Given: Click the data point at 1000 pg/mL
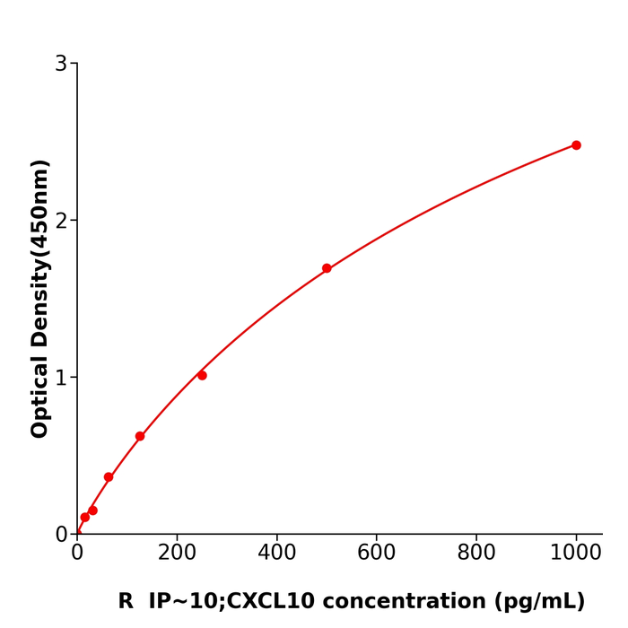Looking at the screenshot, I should (576, 145).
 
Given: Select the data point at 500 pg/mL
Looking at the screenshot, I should (327, 268).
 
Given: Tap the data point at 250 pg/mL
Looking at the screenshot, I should (202, 375).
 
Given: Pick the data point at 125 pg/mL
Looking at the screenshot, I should (140, 436).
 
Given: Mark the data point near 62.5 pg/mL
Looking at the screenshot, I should (109, 477).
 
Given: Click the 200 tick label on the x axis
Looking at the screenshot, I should (177, 554).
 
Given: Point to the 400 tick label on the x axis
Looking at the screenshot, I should (276, 554).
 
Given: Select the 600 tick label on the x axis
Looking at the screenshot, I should (376, 554).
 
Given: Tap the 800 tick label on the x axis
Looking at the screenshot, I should (475, 554).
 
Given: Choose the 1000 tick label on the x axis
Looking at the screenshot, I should (575, 554).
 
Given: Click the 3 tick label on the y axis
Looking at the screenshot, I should (61, 64).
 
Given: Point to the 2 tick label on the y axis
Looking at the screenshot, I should (61, 221).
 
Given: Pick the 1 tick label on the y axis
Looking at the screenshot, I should (61, 378).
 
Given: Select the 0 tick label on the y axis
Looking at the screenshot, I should (61, 534).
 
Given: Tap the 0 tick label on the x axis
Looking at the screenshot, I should (77, 554).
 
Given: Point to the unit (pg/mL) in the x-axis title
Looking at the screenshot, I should (540, 602).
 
